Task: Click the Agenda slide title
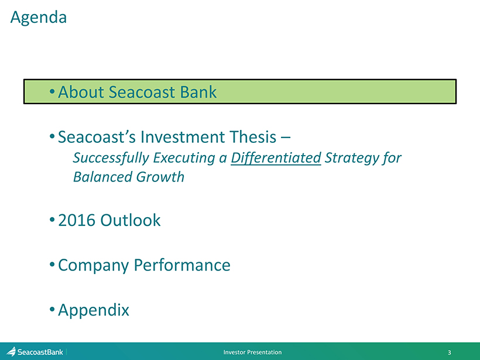point(39,18)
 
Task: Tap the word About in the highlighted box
point(81,92)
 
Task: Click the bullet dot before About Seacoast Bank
point(52,91)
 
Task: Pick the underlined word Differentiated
point(276,158)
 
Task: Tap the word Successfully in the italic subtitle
point(111,158)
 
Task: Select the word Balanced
point(102,177)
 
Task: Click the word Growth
point(160,177)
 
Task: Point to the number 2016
point(77,220)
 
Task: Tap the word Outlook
point(131,220)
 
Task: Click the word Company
point(94,265)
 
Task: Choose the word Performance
point(182,265)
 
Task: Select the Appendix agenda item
point(94,310)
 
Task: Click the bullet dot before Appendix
point(52,309)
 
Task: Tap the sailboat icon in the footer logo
point(11,351)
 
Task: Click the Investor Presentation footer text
point(252,352)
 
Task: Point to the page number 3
point(450,352)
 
